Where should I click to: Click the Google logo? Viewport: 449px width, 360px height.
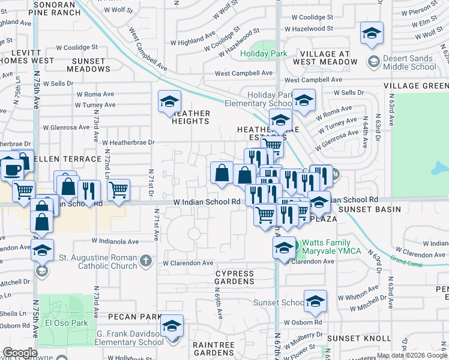pyautogui.click(x=19, y=353)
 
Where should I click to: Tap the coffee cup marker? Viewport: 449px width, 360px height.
pyautogui.click(x=11, y=169)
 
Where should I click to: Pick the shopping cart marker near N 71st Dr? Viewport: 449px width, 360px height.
pyautogui.click(x=119, y=190)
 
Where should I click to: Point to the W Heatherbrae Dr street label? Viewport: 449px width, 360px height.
pyautogui.click(x=128, y=143)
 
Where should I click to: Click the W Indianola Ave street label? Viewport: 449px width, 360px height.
pyautogui.click(x=115, y=241)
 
